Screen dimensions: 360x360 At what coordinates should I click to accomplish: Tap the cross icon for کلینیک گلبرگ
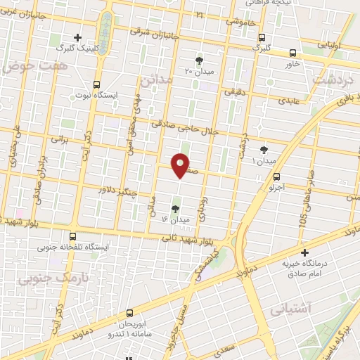pyautogui.click(x=78, y=37)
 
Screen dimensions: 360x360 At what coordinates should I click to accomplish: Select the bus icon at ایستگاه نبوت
pyautogui.click(x=97, y=83)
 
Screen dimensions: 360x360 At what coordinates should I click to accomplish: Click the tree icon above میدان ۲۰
pyautogui.click(x=199, y=60)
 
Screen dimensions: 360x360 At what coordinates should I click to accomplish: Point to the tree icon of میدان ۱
pyautogui.click(x=264, y=149)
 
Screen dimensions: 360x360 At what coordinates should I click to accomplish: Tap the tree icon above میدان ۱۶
pyautogui.click(x=175, y=208)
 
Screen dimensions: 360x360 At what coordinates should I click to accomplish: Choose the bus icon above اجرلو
pyautogui.click(x=276, y=176)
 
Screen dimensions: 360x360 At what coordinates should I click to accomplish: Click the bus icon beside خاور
pyautogui.click(x=292, y=52)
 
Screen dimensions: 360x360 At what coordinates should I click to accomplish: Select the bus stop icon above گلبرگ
pyautogui.click(x=262, y=37)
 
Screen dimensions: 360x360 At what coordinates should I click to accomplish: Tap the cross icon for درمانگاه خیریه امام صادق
pyautogui.click(x=304, y=252)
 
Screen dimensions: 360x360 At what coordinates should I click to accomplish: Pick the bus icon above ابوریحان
pyautogui.click(x=129, y=314)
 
